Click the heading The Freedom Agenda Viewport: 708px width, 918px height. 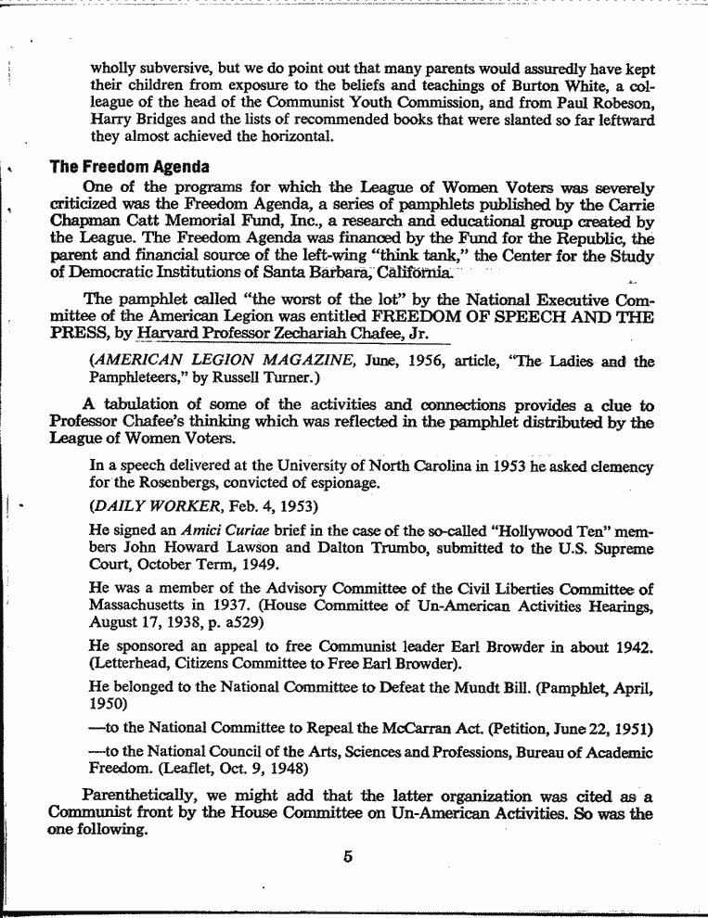[x=130, y=168]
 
